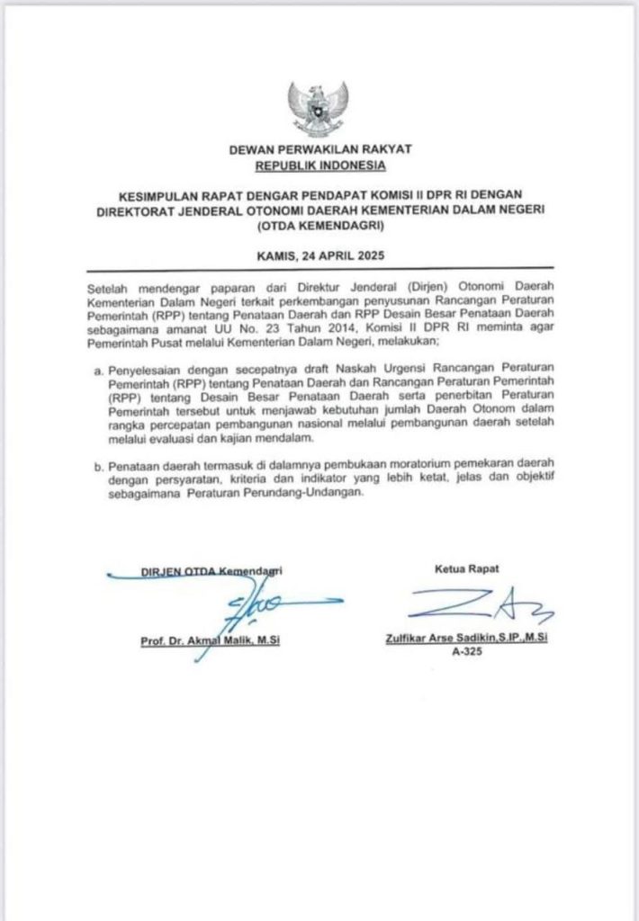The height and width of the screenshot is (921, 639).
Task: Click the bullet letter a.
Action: tap(99, 370)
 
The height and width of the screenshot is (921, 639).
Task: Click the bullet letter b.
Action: tap(99, 469)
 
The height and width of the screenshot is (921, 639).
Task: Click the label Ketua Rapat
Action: tap(466, 568)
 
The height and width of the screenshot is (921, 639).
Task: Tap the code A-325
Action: tap(466, 655)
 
